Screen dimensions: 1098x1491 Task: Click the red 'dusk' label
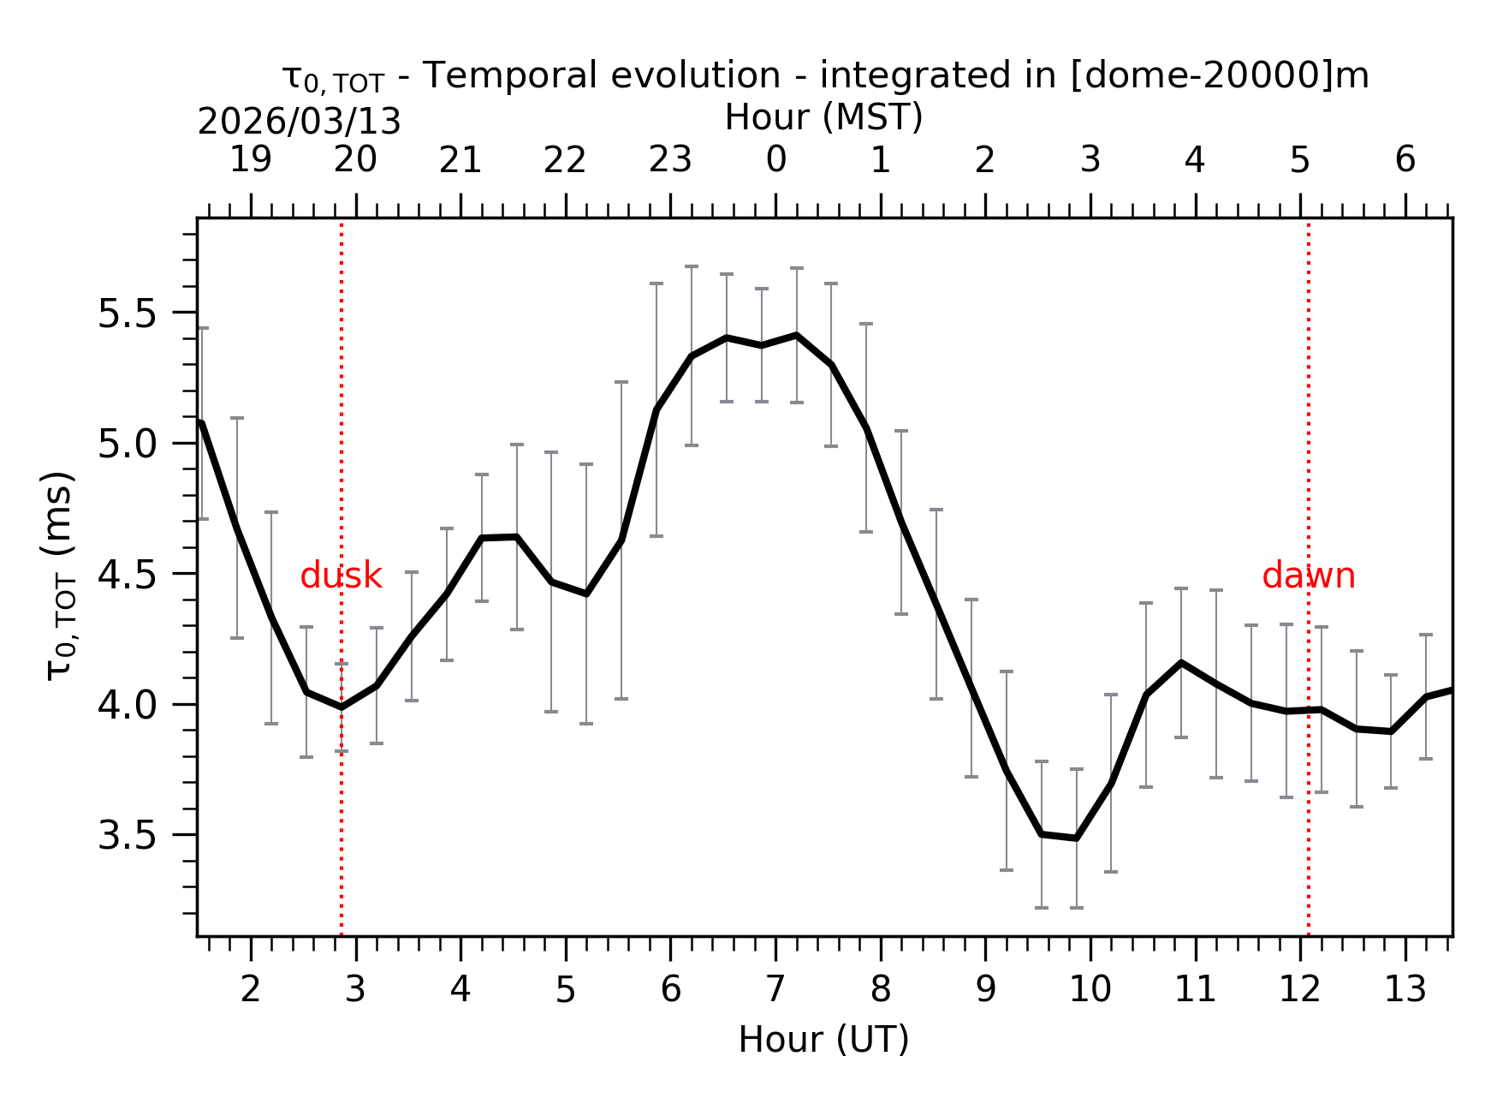click(x=341, y=576)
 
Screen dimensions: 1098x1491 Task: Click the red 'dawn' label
click(x=1308, y=576)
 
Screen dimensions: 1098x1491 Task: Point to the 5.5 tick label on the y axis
click(x=127, y=314)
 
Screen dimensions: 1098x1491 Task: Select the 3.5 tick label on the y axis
click(x=127, y=836)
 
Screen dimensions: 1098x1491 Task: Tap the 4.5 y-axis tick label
click(x=127, y=575)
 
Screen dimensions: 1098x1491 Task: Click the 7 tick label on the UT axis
click(x=775, y=989)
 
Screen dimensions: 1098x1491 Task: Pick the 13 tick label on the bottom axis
click(x=1405, y=989)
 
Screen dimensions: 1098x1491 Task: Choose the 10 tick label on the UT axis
click(x=1090, y=989)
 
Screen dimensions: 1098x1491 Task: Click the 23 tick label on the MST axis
click(x=669, y=159)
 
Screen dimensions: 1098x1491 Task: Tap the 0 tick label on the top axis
click(x=775, y=159)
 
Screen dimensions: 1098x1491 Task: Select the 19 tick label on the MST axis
click(x=250, y=159)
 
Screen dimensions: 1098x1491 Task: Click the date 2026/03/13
click(x=299, y=122)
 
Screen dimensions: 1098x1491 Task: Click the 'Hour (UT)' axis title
click(x=823, y=1040)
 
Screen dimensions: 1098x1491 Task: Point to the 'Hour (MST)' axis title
click(x=823, y=117)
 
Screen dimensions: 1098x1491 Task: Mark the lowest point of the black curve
click(x=1076, y=838)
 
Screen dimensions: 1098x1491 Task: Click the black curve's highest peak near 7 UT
click(x=797, y=335)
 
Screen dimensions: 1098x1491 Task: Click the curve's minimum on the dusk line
click(x=342, y=707)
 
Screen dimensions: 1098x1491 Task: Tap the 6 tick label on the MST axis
click(x=1405, y=159)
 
